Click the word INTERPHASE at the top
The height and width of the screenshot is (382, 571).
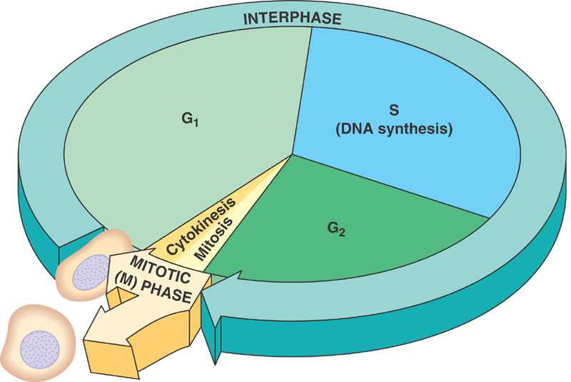tap(292, 19)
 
